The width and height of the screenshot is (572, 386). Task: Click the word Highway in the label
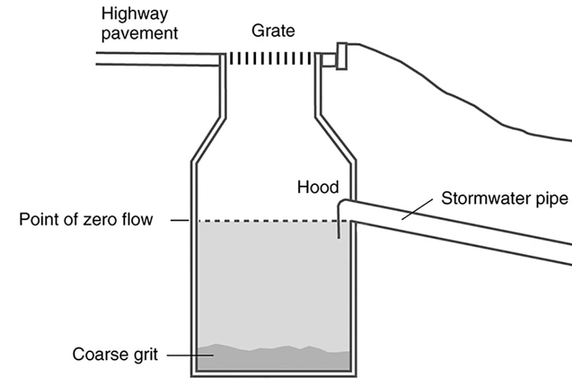[x=136, y=14]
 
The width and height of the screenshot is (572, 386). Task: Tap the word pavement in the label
[x=140, y=33]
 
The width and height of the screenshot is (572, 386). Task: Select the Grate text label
[x=273, y=30]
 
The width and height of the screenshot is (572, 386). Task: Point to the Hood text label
[x=318, y=187]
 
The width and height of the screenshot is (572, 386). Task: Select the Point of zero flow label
[x=86, y=220]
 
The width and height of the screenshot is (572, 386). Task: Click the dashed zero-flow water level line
[x=263, y=221]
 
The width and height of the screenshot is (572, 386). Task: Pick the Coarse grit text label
[x=117, y=355]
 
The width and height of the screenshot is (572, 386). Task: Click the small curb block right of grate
[x=341, y=56]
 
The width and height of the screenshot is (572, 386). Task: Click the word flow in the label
[x=138, y=220]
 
